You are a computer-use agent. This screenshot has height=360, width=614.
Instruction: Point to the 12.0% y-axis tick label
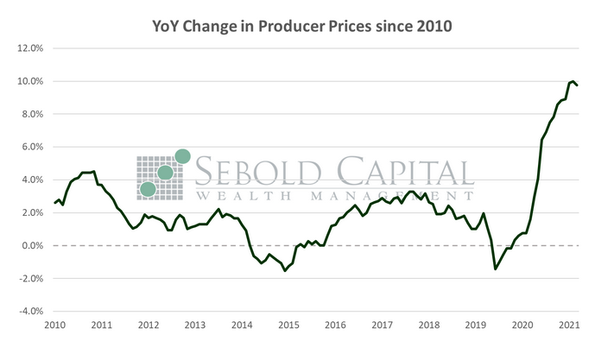30,48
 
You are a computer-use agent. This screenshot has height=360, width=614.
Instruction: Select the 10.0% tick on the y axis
30,81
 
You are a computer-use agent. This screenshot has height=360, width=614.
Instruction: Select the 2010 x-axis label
54,325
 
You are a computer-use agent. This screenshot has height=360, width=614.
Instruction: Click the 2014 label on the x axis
241,325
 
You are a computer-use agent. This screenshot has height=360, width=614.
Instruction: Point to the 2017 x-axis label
382,325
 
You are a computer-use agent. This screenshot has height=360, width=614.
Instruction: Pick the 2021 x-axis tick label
569,325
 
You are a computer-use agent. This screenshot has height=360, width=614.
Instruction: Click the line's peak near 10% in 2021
573,80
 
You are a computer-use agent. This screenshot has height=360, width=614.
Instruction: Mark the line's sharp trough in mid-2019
496,268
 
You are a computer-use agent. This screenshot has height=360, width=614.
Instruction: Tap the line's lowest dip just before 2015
285,270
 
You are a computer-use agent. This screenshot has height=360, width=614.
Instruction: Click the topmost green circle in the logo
182,156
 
